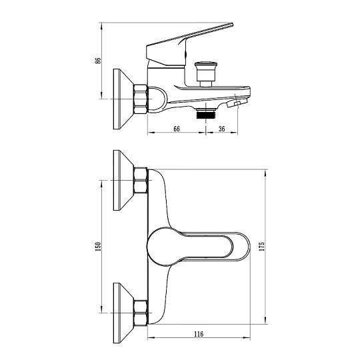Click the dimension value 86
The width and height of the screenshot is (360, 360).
[98, 61]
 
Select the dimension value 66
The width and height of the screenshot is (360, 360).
[177, 129]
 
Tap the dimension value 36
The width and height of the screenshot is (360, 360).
[221, 129]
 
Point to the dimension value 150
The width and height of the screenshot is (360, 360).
[98, 247]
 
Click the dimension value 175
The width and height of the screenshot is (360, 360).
[262, 247]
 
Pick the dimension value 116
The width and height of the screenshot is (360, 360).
[199, 334]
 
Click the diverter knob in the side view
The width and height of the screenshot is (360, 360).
[205, 73]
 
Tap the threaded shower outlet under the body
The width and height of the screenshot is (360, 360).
[205, 114]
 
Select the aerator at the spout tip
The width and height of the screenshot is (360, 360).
[237, 103]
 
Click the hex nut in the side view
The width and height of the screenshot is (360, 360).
[141, 99]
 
